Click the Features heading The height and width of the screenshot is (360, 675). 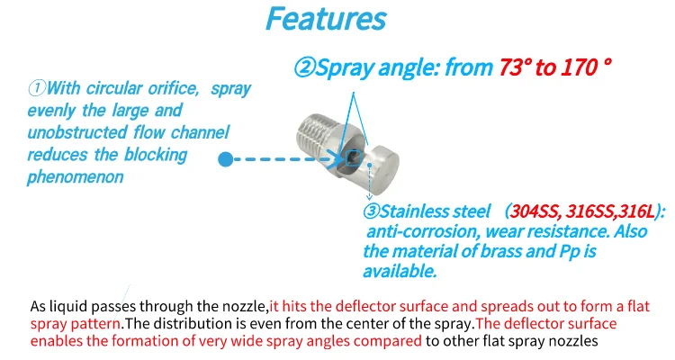tap(326, 19)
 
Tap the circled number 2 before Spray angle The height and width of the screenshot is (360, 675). tap(305, 67)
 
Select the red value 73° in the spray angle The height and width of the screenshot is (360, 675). tap(515, 67)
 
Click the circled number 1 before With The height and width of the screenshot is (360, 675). tap(37, 88)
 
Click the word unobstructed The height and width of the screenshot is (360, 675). tap(77, 132)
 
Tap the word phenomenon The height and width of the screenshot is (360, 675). tap(76, 177)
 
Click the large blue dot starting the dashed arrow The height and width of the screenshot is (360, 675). tap(225, 159)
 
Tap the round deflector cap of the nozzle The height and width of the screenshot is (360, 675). tap(382, 165)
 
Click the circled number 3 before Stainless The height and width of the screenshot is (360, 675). tap(371, 211)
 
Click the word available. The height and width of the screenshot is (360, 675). tap(400, 271)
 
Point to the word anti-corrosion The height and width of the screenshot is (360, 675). tap(423, 231)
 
